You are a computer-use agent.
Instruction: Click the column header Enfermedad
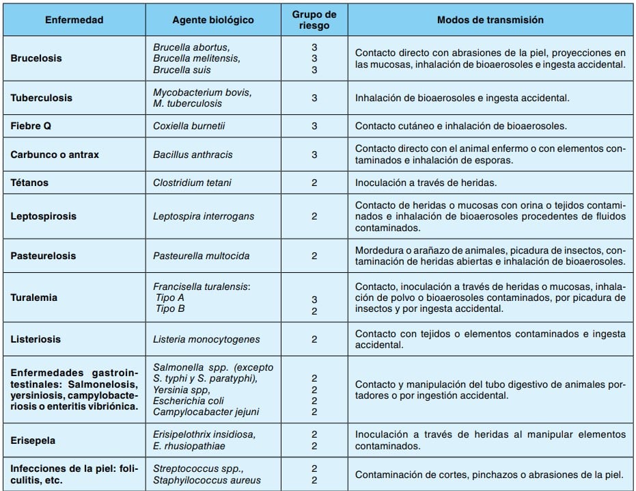[74, 20]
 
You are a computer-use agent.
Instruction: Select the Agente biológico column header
[213, 20]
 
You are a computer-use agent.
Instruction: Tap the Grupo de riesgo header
[314, 20]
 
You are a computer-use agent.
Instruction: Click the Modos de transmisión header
[490, 20]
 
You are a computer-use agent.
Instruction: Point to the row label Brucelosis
[36, 58]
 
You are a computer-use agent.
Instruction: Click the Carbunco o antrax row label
[55, 155]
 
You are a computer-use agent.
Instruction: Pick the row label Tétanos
[30, 183]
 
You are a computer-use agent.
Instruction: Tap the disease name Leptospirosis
[43, 216]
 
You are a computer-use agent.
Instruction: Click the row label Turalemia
[33, 297]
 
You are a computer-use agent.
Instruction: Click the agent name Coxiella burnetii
[189, 126]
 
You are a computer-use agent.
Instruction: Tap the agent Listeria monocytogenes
[206, 339]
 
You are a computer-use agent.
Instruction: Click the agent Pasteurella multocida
[201, 256]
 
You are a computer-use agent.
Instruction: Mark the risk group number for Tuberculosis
[314, 98]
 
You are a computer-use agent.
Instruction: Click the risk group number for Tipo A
[314, 300]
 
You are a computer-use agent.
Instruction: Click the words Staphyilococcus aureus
[207, 480]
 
